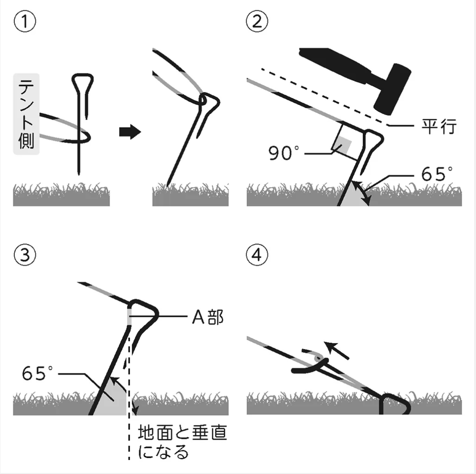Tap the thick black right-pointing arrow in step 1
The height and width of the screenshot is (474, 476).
130,133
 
